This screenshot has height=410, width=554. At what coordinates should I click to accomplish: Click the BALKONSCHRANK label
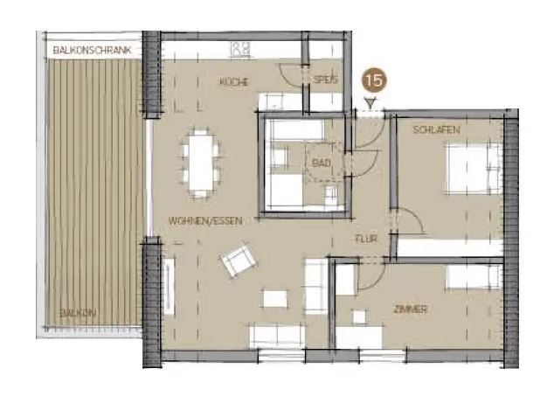click(x=92, y=50)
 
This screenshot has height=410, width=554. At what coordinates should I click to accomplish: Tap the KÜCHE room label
click(x=234, y=82)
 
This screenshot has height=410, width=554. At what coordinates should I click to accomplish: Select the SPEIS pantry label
click(x=326, y=80)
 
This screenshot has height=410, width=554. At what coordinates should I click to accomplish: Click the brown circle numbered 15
click(x=374, y=80)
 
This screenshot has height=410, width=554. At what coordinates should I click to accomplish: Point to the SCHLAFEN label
click(x=436, y=129)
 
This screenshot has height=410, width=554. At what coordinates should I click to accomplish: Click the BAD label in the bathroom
click(x=322, y=163)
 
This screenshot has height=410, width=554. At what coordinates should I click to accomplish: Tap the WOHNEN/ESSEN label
click(x=205, y=221)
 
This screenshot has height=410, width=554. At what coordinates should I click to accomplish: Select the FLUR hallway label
click(x=366, y=239)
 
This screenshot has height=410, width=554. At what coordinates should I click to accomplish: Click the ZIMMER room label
click(x=411, y=309)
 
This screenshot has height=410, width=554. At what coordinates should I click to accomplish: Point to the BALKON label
click(x=78, y=312)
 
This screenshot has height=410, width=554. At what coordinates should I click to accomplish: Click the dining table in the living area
click(x=202, y=163)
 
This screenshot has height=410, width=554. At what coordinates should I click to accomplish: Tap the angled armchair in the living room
click(x=238, y=261)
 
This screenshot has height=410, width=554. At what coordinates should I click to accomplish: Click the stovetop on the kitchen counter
click(x=240, y=49)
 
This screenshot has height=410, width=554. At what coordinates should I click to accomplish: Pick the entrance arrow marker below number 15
click(x=370, y=103)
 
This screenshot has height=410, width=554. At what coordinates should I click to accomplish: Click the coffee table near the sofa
click(x=275, y=299)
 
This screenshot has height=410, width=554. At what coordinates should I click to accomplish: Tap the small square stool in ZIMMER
click(x=359, y=316)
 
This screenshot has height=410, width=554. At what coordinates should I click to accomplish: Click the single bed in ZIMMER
click(x=474, y=277)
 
